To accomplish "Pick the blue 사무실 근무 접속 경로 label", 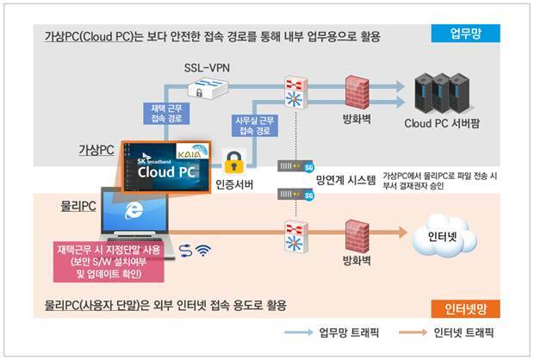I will tap(254, 126).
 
